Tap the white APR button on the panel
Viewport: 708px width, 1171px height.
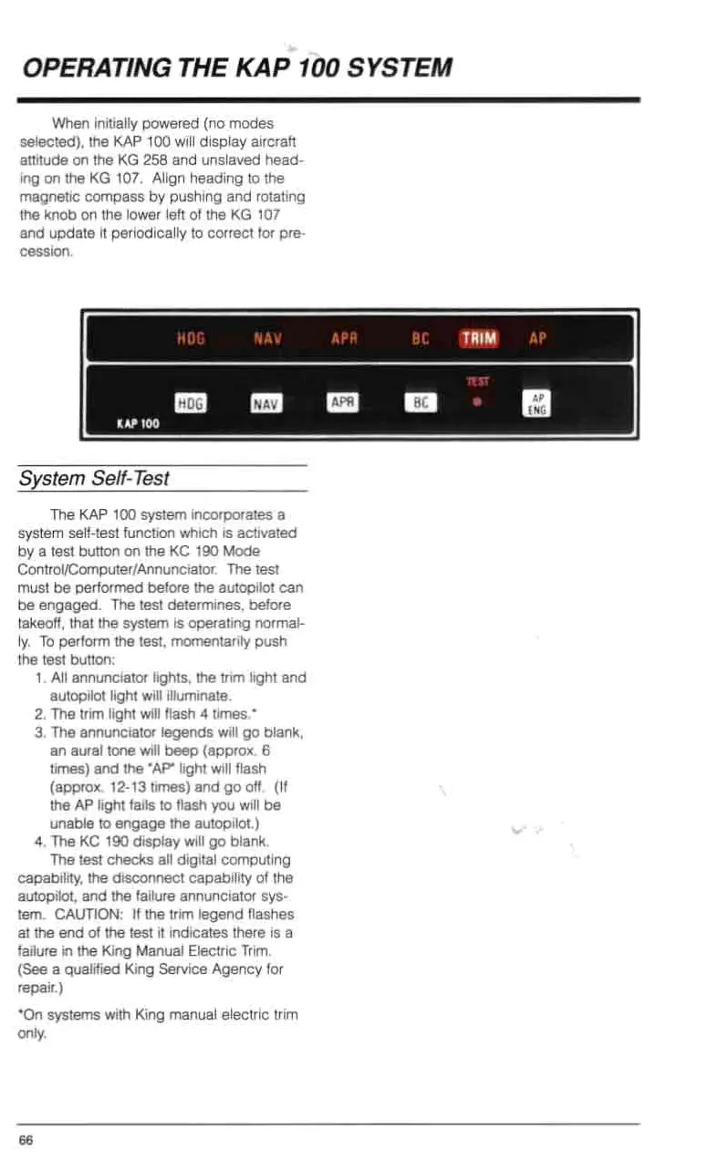(343, 401)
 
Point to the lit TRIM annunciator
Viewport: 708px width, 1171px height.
(479, 339)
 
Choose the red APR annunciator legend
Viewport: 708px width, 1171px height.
(343, 340)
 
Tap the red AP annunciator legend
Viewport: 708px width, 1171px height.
(537, 339)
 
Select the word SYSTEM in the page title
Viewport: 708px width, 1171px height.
(402, 68)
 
